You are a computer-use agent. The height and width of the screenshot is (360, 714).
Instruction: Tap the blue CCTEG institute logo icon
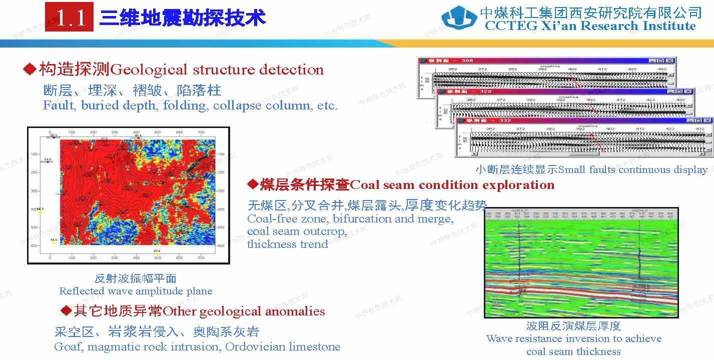click(x=458, y=19)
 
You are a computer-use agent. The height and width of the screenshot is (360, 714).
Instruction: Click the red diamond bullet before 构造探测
click(x=30, y=69)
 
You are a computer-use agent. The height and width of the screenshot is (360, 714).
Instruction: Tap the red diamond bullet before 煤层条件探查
click(x=253, y=184)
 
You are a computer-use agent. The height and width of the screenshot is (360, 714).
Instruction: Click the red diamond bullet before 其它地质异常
click(x=66, y=311)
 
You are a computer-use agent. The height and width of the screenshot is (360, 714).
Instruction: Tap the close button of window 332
click(x=708, y=121)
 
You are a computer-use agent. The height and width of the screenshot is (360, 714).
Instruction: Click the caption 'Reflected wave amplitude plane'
click(x=136, y=291)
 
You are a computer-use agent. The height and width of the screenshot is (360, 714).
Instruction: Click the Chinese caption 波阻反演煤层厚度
click(x=573, y=326)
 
